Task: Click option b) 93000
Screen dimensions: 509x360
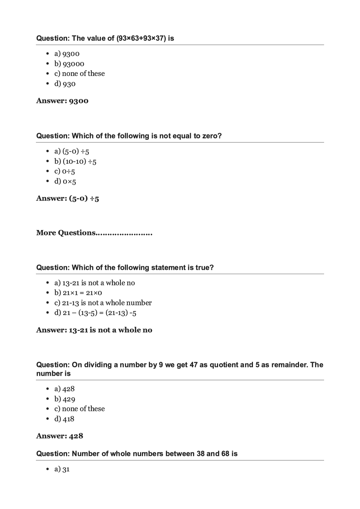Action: pos(69,64)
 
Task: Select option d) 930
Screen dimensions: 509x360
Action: pos(65,84)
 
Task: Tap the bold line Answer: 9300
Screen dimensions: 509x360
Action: pos(62,101)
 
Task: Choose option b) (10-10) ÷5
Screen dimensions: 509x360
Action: pos(75,161)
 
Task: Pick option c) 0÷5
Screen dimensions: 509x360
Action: pos(65,171)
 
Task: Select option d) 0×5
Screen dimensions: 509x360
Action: pos(65,181)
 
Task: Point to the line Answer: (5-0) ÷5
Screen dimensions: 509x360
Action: pos(67,198)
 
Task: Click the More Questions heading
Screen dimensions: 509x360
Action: pos(94,233)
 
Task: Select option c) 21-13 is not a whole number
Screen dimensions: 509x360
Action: pos(103,303)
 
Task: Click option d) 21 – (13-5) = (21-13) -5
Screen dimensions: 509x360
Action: pos(95,313)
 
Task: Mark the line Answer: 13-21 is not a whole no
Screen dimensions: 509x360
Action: pos(94,330)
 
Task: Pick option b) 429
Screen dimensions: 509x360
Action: pos(65,399)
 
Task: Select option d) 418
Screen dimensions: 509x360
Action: pos(64,419)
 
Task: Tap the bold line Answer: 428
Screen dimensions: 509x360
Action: pos(60,436)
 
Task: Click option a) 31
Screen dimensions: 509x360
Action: pos(62,469)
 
